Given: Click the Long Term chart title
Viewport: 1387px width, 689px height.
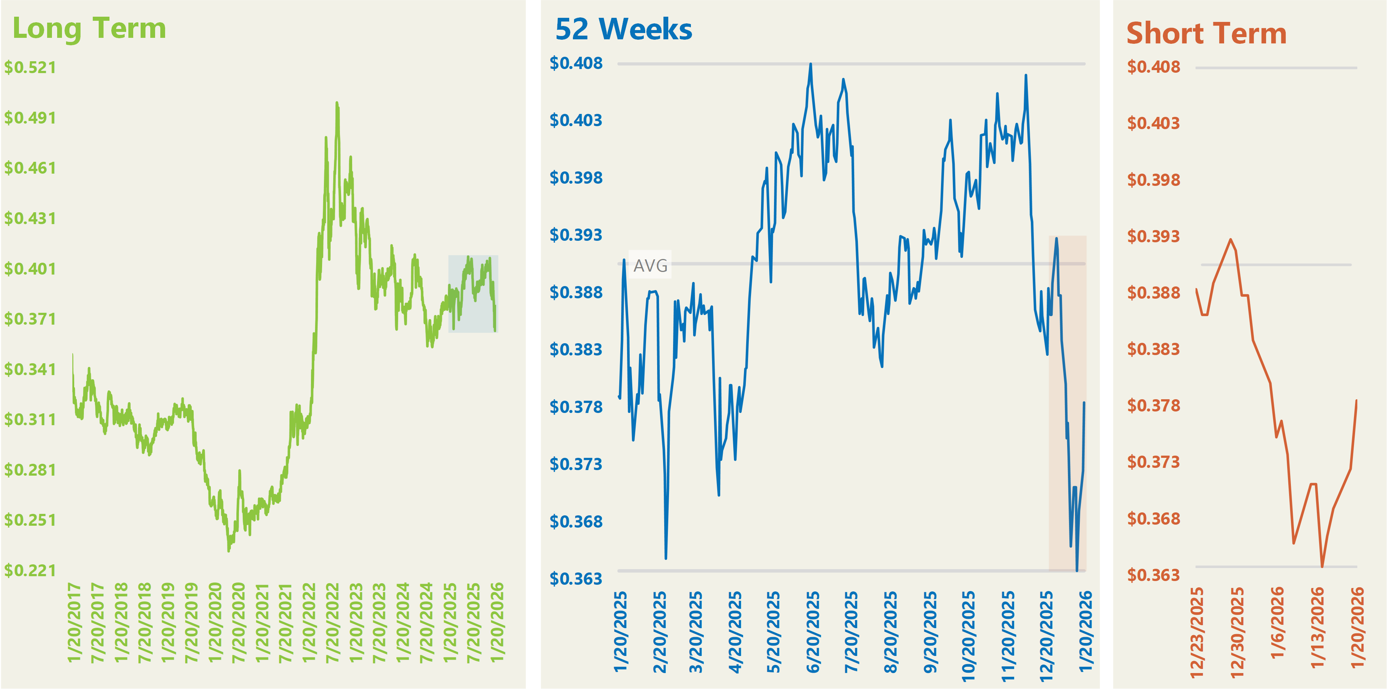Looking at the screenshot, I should point(89,29).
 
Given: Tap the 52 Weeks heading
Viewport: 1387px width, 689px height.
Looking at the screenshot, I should point(623,30).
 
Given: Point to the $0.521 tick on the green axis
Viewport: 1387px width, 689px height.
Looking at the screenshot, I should point(30,68).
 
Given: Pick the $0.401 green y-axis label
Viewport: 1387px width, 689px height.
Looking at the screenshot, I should point(30,269).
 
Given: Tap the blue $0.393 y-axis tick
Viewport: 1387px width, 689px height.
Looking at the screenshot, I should point(576,235).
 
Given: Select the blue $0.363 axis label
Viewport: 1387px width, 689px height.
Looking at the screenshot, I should point(576,579).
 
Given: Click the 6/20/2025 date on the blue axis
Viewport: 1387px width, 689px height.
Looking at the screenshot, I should point(813,633).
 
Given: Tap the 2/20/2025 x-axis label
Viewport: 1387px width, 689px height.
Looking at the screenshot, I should point(660,633).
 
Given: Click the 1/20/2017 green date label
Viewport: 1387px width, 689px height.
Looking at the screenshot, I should point(74,622).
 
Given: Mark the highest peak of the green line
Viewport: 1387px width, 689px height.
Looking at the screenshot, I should point(337,102).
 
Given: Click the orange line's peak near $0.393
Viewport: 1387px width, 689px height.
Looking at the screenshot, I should point(1231,240).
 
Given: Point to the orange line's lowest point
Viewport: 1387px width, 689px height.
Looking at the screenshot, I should point(1322,566).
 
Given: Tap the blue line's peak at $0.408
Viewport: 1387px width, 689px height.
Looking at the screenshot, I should point(810,64).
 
